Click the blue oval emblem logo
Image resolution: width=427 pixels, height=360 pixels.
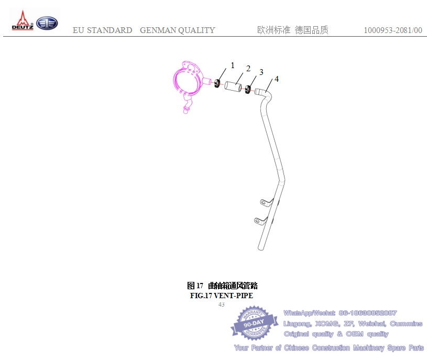[x=47, y=23]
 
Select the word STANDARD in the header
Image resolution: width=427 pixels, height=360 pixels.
[x=110, y=30]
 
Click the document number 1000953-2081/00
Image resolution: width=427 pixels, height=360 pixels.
[x=393, y=30]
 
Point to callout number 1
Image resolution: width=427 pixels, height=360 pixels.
[x=233, y=66]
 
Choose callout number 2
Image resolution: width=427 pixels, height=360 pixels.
[x=248, y=68]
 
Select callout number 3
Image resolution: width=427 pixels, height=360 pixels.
[x=261, y=72]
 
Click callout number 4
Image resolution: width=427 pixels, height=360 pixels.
[x=277, y=79]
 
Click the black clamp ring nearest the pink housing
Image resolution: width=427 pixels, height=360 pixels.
[x=217, y=83]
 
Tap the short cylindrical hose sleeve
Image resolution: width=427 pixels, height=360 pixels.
[x=233, y=86]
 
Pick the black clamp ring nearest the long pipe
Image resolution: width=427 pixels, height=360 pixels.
[x=248, y=90]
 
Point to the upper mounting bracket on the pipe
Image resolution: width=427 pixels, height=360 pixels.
[x=266, y=203]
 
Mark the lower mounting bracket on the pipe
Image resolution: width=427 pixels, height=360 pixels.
[x=260, y=221]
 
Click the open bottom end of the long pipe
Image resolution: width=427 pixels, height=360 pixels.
[x=260, y=248]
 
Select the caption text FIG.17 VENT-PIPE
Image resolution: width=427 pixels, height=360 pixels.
[x=222, y=296]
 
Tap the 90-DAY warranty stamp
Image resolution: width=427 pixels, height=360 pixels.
[x=254, y=323]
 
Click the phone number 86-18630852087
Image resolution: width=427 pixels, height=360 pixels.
[x=368, y=313]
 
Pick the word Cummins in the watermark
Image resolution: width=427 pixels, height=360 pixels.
[x=406, y=323]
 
